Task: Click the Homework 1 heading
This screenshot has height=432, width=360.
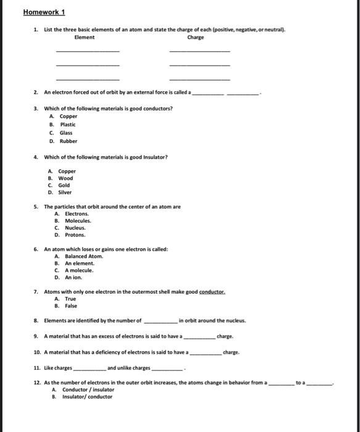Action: click(x=44, y=12)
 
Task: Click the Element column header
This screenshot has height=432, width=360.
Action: click(x=84, y=37)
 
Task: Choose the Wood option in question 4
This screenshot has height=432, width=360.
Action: click(x=65, y=178)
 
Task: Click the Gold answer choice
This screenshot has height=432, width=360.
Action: click(x=64, y=185)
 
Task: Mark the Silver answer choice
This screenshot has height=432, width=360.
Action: click(x=65, y=193)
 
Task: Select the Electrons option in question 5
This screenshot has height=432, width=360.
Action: click(x=76, y=214)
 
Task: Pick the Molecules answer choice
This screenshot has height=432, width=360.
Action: click(x=78, y=220)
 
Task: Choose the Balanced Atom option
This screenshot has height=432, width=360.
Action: click(x=84, y=256)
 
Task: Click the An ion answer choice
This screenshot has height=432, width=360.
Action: click(x=73, y=277)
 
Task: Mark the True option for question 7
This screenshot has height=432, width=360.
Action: click(x=70, y=299)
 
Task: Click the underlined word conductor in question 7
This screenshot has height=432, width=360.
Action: click(x=210, y=291)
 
